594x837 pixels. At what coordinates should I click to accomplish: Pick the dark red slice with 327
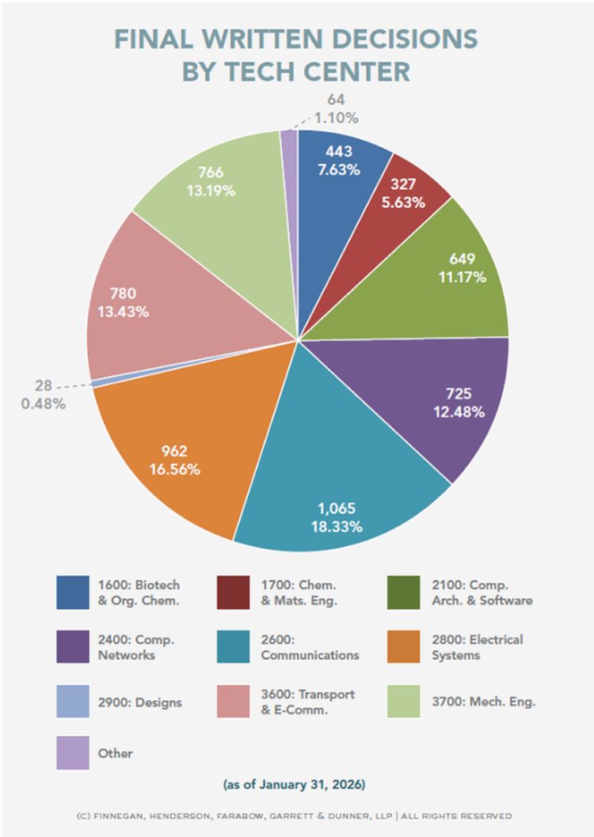(400, 194)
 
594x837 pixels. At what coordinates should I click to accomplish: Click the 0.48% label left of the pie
(44, 403)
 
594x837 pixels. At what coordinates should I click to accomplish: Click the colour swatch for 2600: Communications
(231, 646)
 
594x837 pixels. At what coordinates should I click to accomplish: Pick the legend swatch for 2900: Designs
(73, 702)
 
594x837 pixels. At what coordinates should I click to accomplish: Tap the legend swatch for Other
(73, 753)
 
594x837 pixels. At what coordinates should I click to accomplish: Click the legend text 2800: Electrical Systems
(488, 646)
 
